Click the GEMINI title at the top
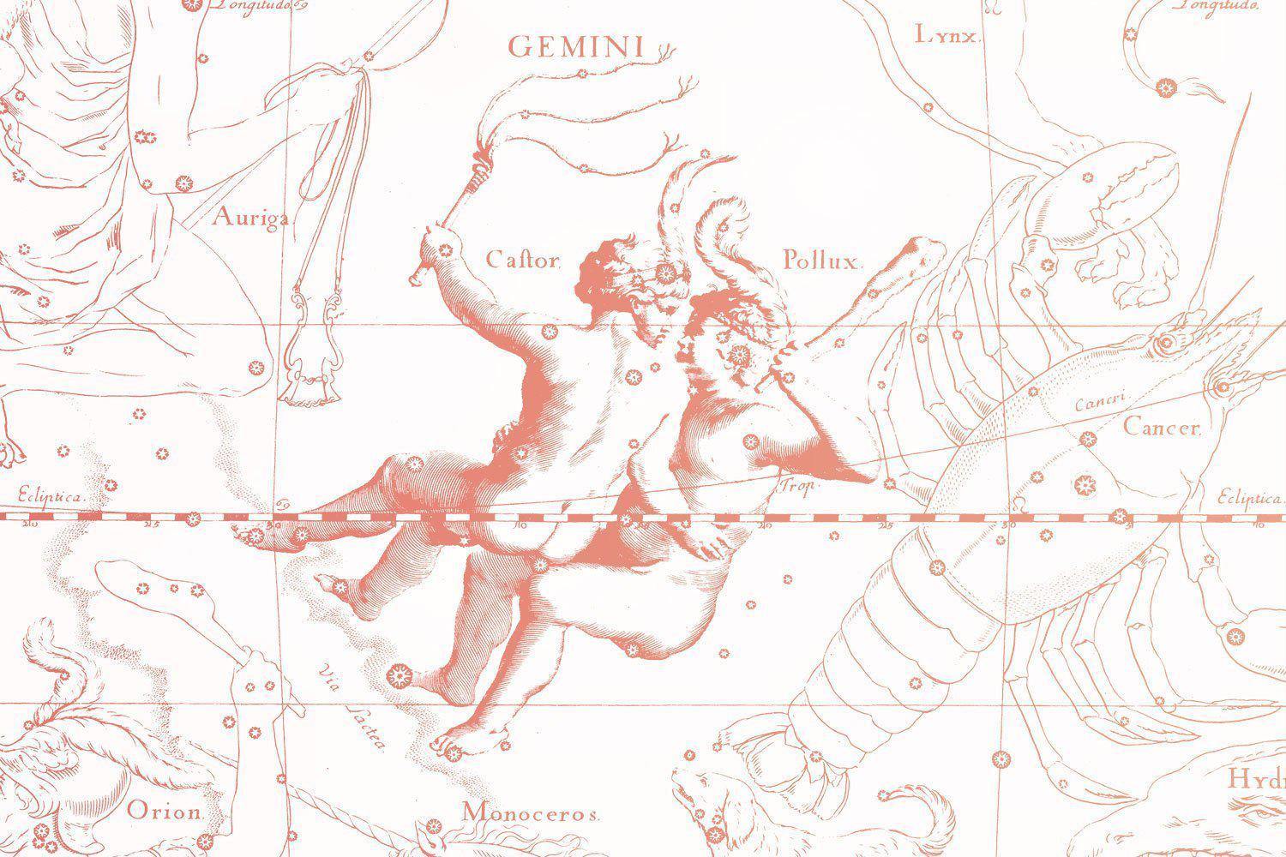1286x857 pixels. (x=575, y=47)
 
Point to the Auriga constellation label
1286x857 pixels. (x=249, y=218)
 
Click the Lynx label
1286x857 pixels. (x=946, y=35)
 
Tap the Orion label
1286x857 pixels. (x=165, y=810)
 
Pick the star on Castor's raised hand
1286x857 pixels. (x=444, y=249)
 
